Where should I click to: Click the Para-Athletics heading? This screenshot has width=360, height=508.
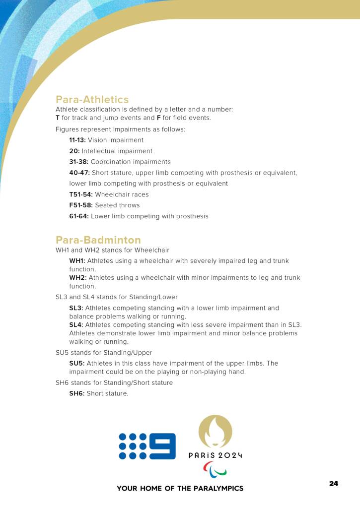click(92, 100)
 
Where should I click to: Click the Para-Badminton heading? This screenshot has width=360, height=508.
click(98, 240)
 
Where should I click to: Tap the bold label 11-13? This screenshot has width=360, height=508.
click(77, 140)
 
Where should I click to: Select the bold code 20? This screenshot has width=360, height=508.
click(74, 151)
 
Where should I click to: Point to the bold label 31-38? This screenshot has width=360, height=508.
click(79, 162)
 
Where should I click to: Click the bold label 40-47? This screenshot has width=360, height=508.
click(79, 173)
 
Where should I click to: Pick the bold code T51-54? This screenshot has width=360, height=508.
click(81, 194)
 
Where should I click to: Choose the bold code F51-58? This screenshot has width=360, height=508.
click(81, 205)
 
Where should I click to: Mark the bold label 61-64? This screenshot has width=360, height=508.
click(79, 216)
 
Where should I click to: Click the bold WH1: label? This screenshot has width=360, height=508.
click(77, 261)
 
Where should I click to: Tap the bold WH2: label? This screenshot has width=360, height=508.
click(77, 278)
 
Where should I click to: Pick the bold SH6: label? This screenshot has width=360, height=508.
click(77, 394)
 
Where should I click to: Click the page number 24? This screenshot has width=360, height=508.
click(333, 484)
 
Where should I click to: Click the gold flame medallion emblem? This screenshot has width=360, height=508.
click(215, 431)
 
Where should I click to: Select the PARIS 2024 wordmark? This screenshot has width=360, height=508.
click(215, 455)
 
